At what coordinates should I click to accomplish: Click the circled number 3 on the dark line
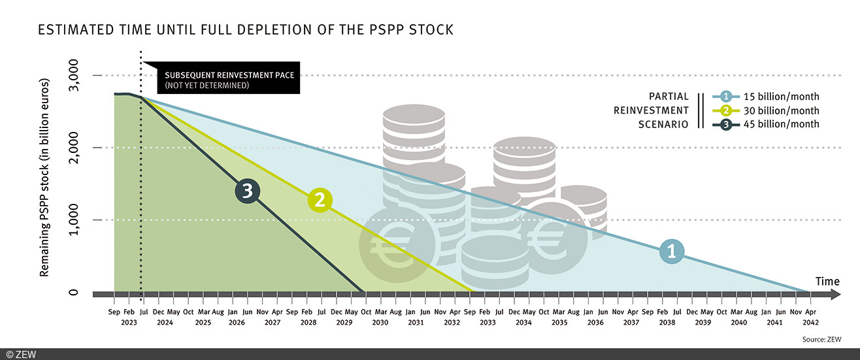tap(247, 191)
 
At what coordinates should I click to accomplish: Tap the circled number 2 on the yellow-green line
tap(320, 200)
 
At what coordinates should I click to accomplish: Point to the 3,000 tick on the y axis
tap(82, 76)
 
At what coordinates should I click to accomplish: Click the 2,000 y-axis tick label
tap(82, 148)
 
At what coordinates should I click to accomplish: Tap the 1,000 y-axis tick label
tap(82, 220)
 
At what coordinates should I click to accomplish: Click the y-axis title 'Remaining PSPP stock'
tap(45, 176)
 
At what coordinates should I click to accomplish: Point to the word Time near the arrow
tap(827, 281)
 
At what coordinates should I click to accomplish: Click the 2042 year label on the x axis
tap(811, 322)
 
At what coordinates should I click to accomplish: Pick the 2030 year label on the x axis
tap(380, 322)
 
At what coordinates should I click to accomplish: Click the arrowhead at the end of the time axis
tap(836, 295)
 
